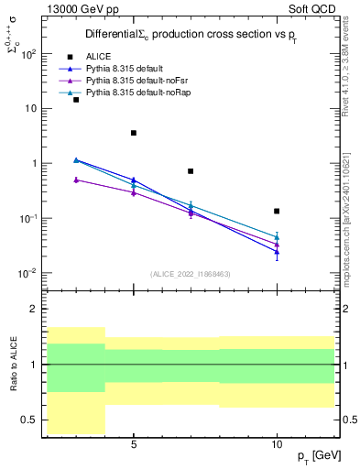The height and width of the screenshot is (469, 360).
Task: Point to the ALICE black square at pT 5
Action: point(134,133)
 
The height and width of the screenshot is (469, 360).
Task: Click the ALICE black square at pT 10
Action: point(277,211)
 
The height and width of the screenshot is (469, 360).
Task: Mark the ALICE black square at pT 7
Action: point(191,171)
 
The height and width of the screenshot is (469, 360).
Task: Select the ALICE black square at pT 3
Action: point(76,99)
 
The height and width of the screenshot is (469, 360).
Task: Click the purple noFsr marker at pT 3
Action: point(76,180)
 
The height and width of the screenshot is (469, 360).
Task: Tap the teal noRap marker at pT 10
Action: point(277,236)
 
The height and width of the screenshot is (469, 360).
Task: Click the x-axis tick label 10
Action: point(277,444)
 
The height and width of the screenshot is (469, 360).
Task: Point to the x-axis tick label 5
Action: point(134,444)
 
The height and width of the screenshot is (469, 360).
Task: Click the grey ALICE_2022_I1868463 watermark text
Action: point(191,273)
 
